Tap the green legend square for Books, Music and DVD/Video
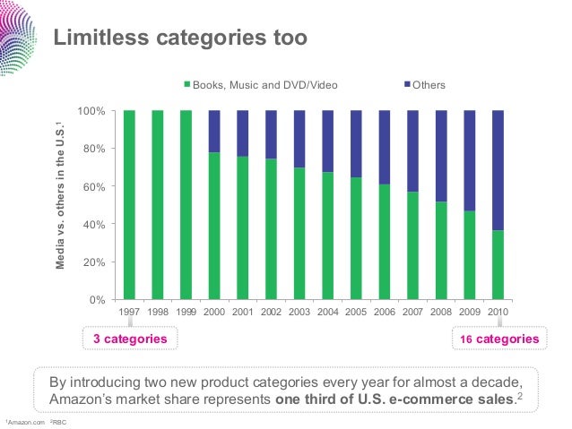click(x=187, y=86)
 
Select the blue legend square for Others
click(x=405, y=86)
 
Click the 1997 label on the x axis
click(x=129, y=312)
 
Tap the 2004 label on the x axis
click(x=327, y=312)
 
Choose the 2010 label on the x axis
click(x=498, y=312)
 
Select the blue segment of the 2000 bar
click(x=214, y=131)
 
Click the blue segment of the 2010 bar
click(x=498, y=170)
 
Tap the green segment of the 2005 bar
click(x=356, y=237)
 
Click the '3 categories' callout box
click(x=131, y=339)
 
